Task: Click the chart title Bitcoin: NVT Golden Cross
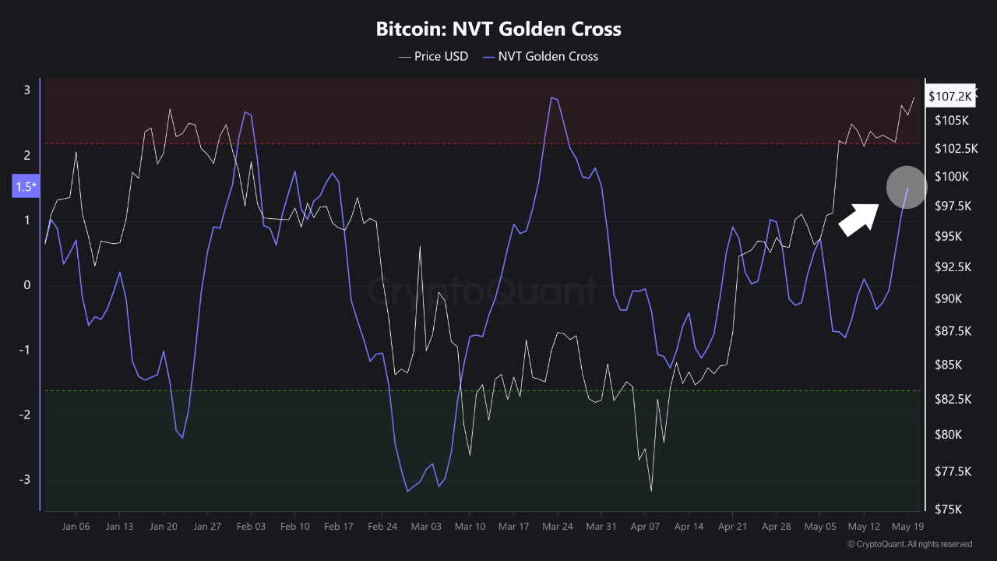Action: click(498, 30)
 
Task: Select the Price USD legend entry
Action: click(434, 56)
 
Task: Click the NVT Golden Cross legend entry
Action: click(541, 56)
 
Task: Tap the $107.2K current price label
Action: click(949, 96)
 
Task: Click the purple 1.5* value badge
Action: click(26, 187)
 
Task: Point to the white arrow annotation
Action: click(858, 219)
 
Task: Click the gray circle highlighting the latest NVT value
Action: click(906, 188)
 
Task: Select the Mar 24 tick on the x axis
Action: click(557, 527)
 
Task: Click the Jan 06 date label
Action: click(76, 527)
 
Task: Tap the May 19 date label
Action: click(907, 527)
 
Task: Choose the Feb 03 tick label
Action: click(251, 527)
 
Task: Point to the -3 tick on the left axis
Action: click(26, 479)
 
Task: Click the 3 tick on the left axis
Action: click(26, 90)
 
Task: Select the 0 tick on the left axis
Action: click(26, 285)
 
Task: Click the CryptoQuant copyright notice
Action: click(909, 544)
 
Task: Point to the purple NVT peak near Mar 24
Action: click(552, 98)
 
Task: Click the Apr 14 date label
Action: click(689, 527)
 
